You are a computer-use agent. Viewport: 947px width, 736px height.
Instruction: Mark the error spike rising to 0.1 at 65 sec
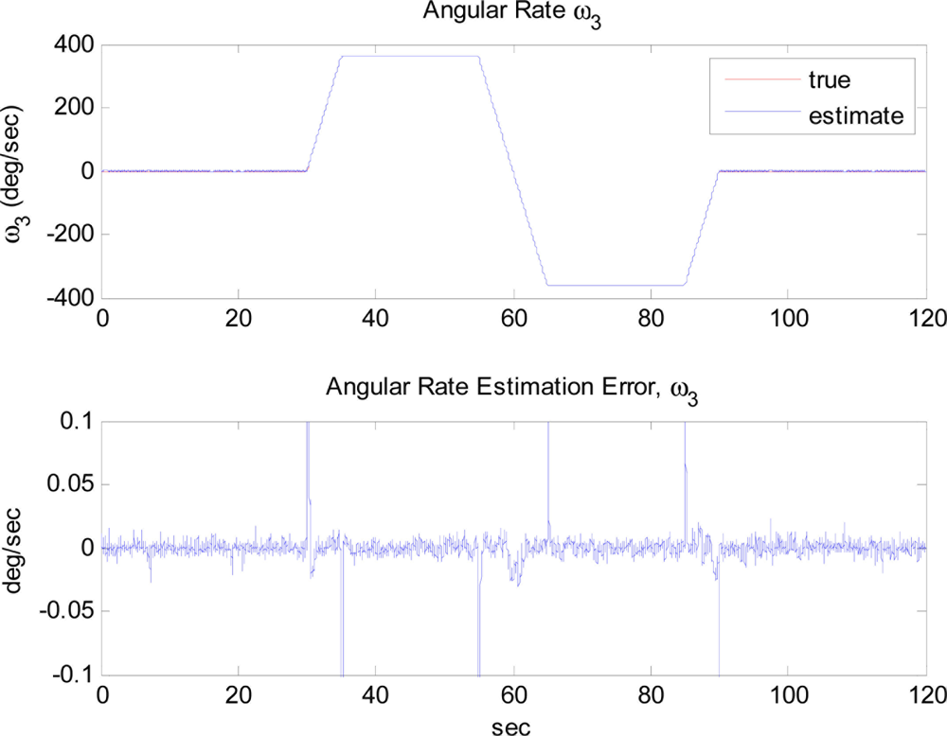tap(547, 454)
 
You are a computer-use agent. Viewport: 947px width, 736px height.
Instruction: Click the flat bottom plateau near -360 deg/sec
tap(616, 285)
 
